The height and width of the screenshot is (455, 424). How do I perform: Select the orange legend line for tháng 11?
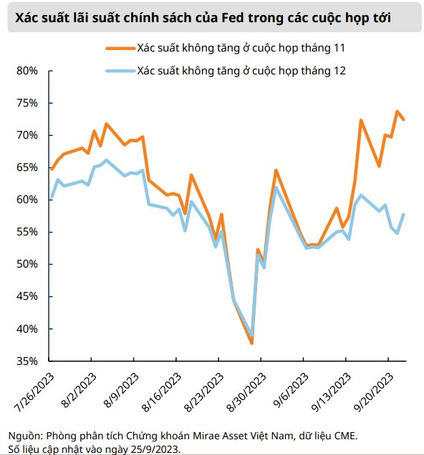(x=120, y=49)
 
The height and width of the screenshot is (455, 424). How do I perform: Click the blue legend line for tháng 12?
(x=120, y=71)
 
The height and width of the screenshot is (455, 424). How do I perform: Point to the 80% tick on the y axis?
(x=51, y=71)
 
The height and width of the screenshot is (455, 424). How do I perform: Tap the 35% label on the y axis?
(x=27, y=361)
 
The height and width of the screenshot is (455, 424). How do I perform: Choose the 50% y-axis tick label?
(x=27, y=265)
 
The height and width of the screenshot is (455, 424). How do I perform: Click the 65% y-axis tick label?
(x=27, y=167)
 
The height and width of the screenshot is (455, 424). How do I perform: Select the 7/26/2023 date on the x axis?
(x=34, y=392)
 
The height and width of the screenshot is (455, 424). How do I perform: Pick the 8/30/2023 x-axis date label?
(x=246, y=392)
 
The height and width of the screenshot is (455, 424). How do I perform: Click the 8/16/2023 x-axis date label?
(x=161, y=392)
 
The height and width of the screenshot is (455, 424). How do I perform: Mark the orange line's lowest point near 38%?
(x=252, y=343)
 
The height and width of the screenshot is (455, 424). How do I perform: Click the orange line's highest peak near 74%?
(x=397, y=111)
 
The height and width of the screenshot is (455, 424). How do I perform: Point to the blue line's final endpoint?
(x=403, y=214)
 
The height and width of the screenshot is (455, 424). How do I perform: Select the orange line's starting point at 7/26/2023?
(x=52, y=169)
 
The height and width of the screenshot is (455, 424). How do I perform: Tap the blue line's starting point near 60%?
(x=52, y=197)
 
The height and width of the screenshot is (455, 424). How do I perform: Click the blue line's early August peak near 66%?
(x=106, y=160)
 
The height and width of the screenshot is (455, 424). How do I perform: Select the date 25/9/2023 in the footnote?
(x=153, y=449)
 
